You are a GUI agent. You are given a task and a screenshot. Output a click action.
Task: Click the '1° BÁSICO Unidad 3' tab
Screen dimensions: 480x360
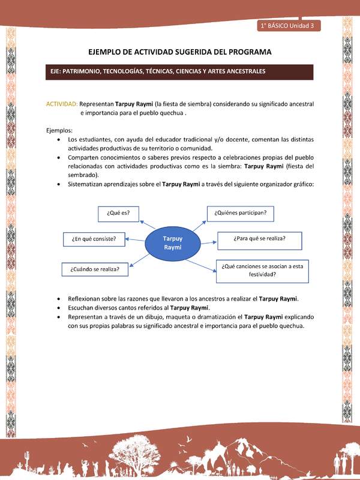289,26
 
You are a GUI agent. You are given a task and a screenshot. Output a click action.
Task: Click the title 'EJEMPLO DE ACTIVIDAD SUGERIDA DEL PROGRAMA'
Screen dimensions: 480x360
180,52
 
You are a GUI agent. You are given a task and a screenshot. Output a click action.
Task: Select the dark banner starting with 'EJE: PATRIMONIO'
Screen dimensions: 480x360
180,71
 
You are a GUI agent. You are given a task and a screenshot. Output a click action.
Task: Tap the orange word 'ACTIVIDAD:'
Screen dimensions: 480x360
62,103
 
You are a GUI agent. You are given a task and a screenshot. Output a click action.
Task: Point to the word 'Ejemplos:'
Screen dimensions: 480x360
59,130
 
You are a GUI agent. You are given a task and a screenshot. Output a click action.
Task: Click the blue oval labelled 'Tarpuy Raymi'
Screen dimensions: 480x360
172,242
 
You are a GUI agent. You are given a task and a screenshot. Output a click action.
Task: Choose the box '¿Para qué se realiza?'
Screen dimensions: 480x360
259,239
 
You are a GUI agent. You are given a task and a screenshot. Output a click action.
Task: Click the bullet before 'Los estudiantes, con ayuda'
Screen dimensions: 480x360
57,139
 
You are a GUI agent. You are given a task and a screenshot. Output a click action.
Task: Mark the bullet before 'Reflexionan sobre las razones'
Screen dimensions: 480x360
57,298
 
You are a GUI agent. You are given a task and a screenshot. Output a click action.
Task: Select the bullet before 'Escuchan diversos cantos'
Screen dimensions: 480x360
57,308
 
